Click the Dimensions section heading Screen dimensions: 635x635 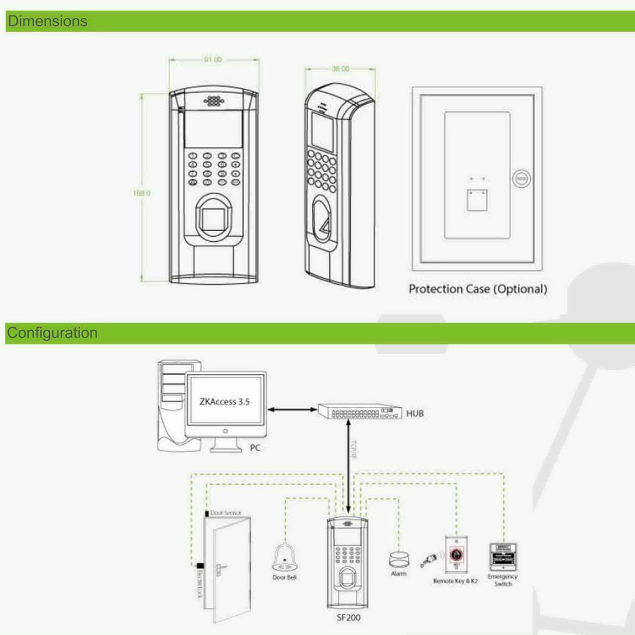tap(47, 21)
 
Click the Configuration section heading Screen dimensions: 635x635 tap(52, 333)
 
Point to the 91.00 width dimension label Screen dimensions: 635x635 tap(213, 60)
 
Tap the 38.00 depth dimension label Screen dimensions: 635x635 tap(340, 69)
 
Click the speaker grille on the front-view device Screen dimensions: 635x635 tap(213, 100)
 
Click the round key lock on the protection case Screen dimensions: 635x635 tap(521, 179)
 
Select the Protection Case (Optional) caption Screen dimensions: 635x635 tap(477, 289)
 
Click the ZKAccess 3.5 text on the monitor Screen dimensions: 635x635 tap(224, 401)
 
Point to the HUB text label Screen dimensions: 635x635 tap(415, 413)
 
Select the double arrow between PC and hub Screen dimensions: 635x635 tap(291, 409)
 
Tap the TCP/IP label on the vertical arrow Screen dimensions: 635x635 tap(354, 450)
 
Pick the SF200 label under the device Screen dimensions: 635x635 tap(348, 617)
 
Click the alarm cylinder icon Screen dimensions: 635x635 tap(399, 559)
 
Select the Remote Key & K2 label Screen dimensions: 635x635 tap(455, 581)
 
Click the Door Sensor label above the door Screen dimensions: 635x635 tap(226, 513)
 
